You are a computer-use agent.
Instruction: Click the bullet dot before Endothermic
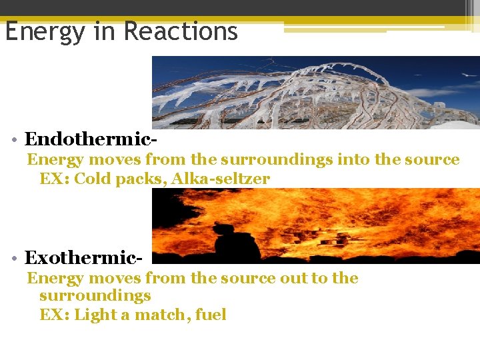(x=14, y=139)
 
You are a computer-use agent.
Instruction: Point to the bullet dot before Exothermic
(x=14, y=257)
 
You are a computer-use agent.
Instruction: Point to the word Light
(x=95, y=314)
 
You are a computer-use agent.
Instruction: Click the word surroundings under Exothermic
(x=95, y=295)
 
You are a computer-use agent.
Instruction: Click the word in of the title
(x=107, y=31)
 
